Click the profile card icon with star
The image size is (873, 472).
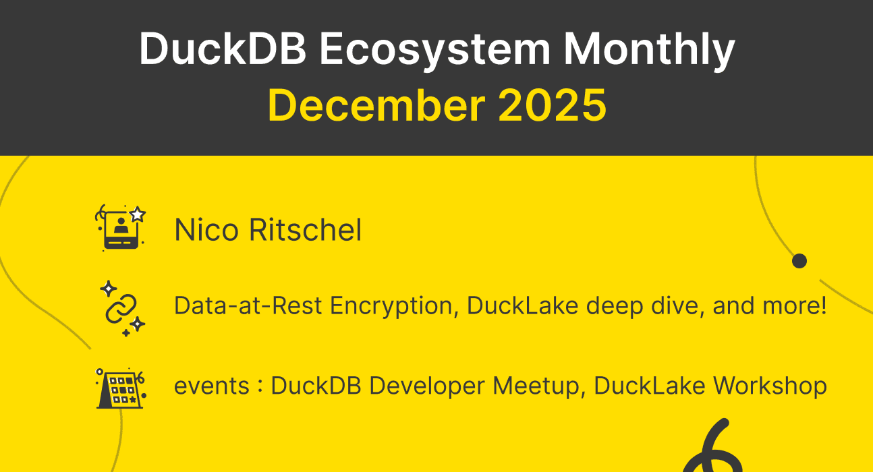[x=121, y=228]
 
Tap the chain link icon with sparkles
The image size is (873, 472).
[x=121, y=307]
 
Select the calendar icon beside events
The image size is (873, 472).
[x=120, y=388]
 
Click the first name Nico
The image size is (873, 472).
[x=207, y=230]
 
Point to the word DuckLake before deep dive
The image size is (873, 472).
[x=522, y=306]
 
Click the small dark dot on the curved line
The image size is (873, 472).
[x=799, y=261]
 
